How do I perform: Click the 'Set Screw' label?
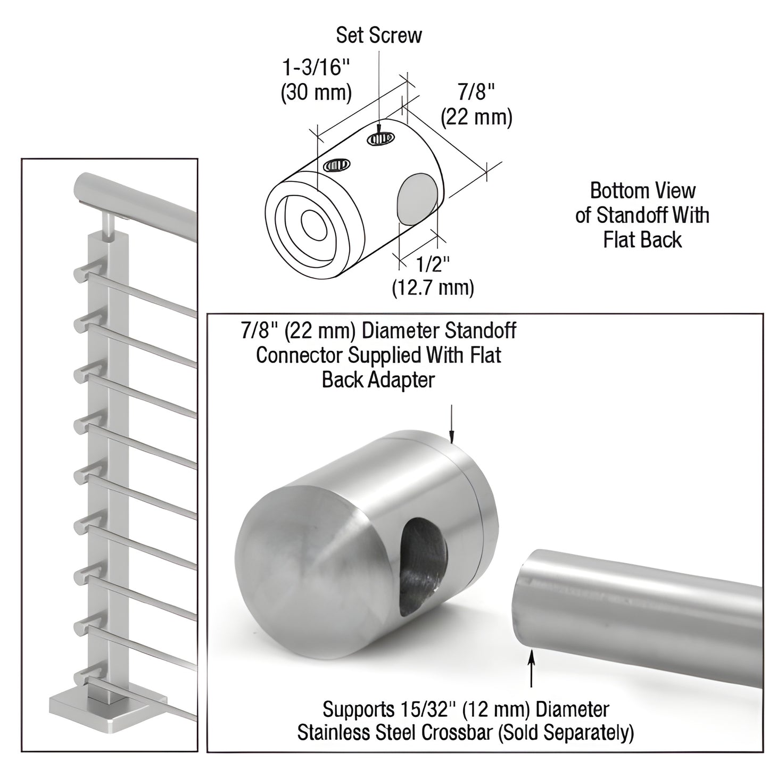click(x=378, y=35)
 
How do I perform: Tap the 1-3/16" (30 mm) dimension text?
click(x=316, y=80)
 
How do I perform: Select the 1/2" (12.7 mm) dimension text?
click(x=433, y=275)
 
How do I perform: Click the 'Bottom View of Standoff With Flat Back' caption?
click(x=642, y=215)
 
